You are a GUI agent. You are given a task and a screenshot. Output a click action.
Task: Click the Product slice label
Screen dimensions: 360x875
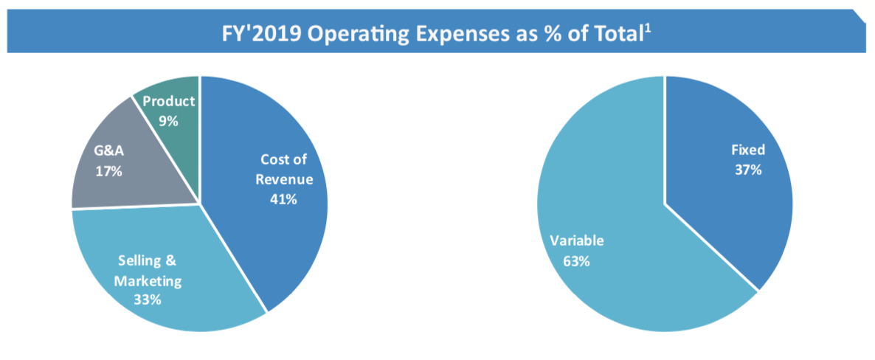tap(169, 102)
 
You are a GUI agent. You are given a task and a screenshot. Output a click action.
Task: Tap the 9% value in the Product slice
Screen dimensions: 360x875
tap(169, 120)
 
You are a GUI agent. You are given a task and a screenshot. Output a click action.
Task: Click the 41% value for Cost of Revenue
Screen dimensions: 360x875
tap(283, 198)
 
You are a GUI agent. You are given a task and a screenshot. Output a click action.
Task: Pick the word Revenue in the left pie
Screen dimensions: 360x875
tap(284, 179)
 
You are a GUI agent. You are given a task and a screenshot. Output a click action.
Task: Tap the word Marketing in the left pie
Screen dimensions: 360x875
tap(148, 280)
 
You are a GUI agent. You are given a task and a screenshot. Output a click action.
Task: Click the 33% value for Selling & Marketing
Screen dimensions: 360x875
tap(148, 300)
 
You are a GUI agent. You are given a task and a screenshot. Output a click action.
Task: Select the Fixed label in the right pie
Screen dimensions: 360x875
tap(747, 150)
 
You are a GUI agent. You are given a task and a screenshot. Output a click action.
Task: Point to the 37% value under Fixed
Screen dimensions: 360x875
tap(747, 170)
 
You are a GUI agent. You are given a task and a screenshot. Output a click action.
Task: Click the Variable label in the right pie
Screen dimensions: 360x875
tap(576, 241)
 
